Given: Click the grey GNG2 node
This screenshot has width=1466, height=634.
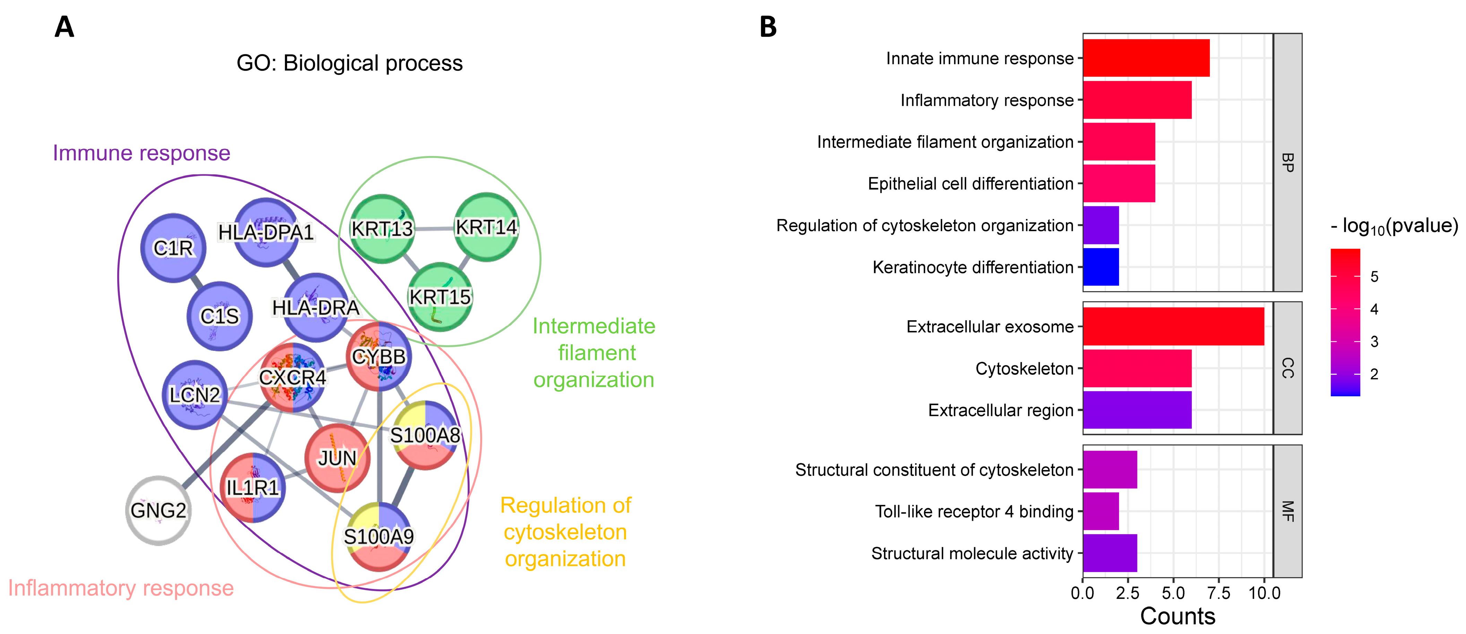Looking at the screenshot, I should [158, 511].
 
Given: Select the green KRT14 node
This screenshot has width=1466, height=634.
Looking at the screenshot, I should [486, 227].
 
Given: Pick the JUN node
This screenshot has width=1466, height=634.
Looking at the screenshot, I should [337, 458].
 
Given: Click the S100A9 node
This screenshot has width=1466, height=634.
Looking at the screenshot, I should [379, 537].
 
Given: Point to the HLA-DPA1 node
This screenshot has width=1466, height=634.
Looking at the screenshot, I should [266, 232].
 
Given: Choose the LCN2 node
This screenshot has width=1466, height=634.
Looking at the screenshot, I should [194, 394].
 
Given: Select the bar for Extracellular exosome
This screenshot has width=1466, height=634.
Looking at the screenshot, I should [1172, 327].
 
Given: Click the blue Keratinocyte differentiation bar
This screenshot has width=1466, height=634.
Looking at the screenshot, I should [1101, 267].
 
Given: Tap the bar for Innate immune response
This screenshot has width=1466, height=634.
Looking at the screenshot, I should [1146, 58].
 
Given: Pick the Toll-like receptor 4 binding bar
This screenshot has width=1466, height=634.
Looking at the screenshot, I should [1101, 511].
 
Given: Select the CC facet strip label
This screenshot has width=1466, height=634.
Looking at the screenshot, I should [1287, 368].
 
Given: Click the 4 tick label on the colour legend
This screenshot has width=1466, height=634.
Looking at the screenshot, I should [1374, 310].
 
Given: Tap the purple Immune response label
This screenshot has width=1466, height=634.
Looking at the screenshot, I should [141, 153].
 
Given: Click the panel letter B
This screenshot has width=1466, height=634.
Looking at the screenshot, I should [768, 27].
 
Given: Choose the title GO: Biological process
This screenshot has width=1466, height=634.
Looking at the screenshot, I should [349, 63].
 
